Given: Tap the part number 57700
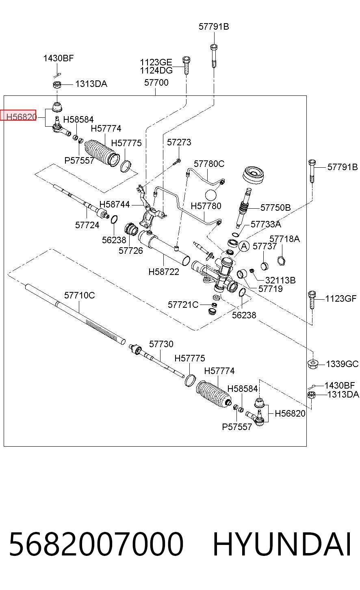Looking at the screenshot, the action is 156,83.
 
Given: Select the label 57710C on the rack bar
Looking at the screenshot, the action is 79,295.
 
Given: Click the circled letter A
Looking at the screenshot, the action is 244,246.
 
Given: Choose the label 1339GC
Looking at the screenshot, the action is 342,364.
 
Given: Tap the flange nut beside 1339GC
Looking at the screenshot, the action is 312,364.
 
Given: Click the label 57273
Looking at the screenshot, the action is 179,142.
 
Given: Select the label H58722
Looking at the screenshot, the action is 164,272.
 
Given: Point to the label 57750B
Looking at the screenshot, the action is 275,207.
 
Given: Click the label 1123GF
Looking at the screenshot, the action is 340,299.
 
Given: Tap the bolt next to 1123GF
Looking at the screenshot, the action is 312,300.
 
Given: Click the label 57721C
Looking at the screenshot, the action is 183,305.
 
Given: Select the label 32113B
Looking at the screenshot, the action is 280,280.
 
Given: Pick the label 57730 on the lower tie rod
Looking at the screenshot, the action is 161,344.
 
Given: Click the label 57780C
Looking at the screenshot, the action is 209,164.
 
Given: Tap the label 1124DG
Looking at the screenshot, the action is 156,71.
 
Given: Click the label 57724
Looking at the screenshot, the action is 87,225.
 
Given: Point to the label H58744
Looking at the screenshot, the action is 114,204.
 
